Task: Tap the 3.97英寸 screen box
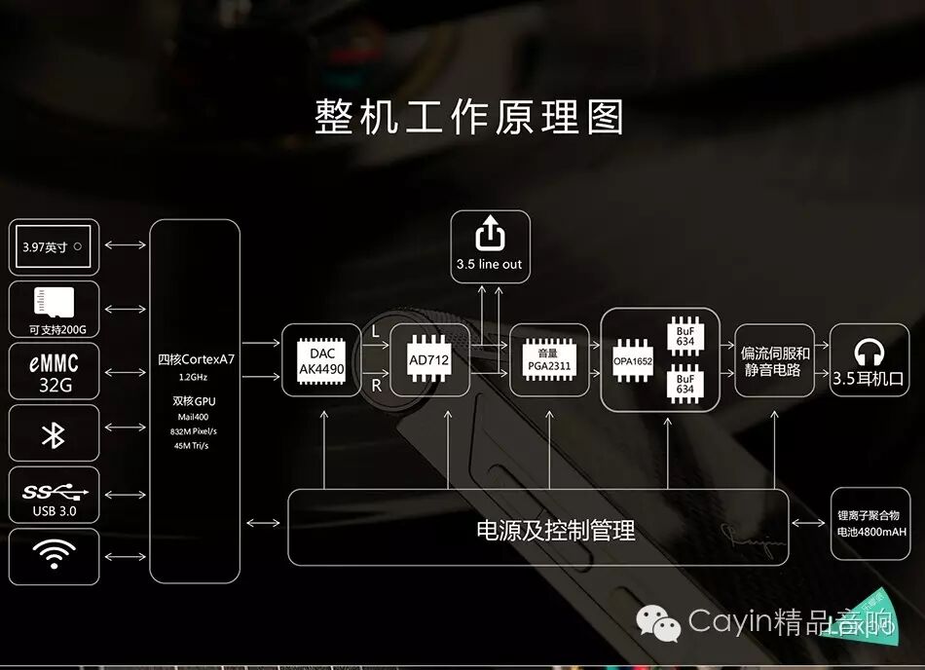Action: click(54, 247)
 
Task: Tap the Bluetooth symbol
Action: click(54, 434)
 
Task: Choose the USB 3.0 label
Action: click(54, 511)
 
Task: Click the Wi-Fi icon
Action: click(54, 555)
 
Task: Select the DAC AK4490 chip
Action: click(320, 359)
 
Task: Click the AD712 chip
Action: click(429, 359)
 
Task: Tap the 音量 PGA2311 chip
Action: click(549, 359)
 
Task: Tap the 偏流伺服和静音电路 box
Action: click(774, 360)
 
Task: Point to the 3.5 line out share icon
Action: click(490, 234)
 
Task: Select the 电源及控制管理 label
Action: click(555, 531)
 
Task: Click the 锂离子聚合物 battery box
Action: click(870, 524)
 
